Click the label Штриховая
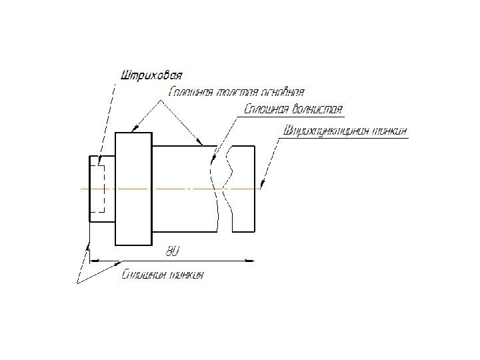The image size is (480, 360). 151,73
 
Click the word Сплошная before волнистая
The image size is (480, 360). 266,109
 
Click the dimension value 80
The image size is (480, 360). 172,252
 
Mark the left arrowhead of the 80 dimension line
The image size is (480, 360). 94,260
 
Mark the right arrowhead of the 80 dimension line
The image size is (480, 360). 255,260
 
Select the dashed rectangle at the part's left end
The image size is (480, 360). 97,188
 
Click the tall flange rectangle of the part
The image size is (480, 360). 133,189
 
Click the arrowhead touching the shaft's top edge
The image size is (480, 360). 199,143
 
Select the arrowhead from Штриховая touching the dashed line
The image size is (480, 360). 99,163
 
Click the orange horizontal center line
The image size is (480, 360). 167,189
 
